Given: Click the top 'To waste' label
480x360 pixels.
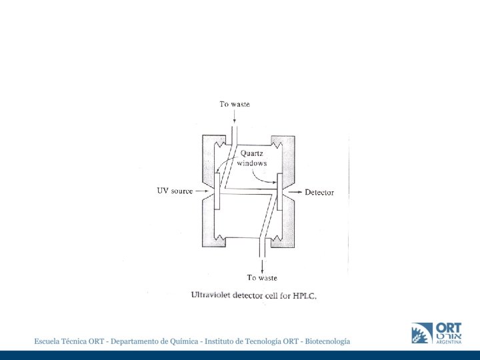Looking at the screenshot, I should (235, 104).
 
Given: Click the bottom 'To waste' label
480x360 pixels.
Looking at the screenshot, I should (262, 277).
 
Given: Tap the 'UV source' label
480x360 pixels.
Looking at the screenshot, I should (175, 191).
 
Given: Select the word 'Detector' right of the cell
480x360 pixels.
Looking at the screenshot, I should (319, 193).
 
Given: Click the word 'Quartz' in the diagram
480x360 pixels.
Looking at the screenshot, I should (251, 154).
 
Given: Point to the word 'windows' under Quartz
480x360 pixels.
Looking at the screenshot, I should (252, 163).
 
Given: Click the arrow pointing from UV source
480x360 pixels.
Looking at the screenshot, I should (202, 191).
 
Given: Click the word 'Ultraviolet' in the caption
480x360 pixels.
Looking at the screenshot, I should (212, 295).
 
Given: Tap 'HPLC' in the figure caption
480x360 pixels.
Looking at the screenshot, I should (303, 296).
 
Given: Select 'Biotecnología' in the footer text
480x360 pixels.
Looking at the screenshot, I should (327, 341).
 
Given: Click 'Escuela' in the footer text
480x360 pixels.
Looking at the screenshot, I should (48, 341).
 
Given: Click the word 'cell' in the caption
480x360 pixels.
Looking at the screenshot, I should (273, 295).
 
